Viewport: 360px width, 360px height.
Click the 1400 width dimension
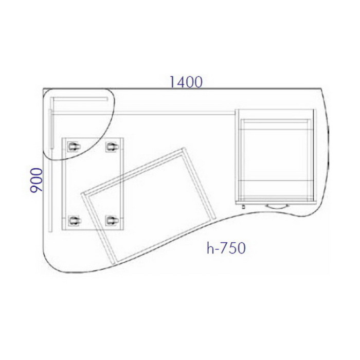click(x=186, y=82)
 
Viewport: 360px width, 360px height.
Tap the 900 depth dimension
click(x=37, y=180)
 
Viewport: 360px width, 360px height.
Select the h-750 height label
click(x=226, y=248)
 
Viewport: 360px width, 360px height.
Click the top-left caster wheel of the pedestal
click(x=74, y=146)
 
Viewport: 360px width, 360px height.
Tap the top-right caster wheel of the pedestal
click(x=112, y=146)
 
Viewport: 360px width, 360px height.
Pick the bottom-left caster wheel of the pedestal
click(x=74, y=221)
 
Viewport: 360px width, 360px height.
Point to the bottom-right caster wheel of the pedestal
click(x=112, y=221)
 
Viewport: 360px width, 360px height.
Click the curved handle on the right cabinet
click(x=277, y=206)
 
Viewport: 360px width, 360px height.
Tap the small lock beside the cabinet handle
click(x=244, y=207)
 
